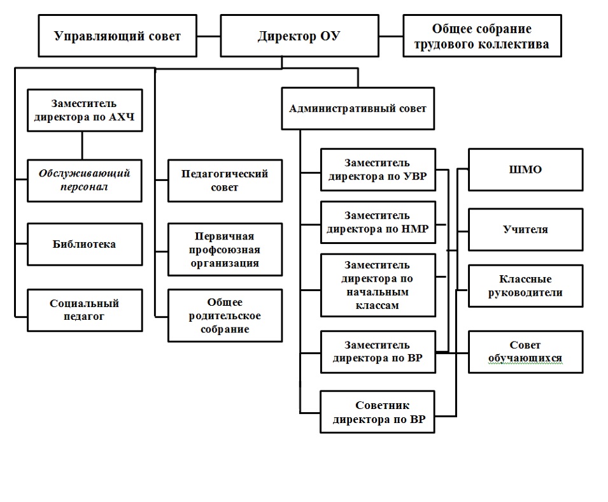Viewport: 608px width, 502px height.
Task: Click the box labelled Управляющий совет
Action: coord(118,36)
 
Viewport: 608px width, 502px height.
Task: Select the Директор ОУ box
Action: coord(299,36)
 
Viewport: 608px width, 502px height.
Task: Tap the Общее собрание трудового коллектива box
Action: coord(482,36)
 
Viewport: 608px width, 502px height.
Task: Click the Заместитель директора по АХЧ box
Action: coord(85,110)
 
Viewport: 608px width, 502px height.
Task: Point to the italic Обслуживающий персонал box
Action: coord(85,180)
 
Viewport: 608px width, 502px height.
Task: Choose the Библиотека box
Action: coord(85,244)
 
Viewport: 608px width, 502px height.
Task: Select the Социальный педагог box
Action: coord(85,310)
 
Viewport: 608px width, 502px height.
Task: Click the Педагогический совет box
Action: coord(225,180)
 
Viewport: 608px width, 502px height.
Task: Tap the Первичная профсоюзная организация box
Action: coord(225,250)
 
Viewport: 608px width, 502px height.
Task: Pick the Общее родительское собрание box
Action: coord(225,315)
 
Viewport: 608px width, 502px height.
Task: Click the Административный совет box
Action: coord(358,108)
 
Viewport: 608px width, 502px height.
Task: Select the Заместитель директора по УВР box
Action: coord(378,169)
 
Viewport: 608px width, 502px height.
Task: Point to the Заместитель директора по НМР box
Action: coord(378,222)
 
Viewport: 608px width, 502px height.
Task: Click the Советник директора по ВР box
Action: coord(378,412)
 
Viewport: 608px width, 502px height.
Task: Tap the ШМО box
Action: coord(525,169)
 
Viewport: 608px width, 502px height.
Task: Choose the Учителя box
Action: coord(525,230)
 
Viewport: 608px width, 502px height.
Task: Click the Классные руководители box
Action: coord(525,286)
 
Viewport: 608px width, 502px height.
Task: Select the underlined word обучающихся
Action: coord(525,359)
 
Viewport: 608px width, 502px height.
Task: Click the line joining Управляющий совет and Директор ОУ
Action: coord(209,36)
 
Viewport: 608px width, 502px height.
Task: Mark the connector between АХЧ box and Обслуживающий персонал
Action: coord(82,145)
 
